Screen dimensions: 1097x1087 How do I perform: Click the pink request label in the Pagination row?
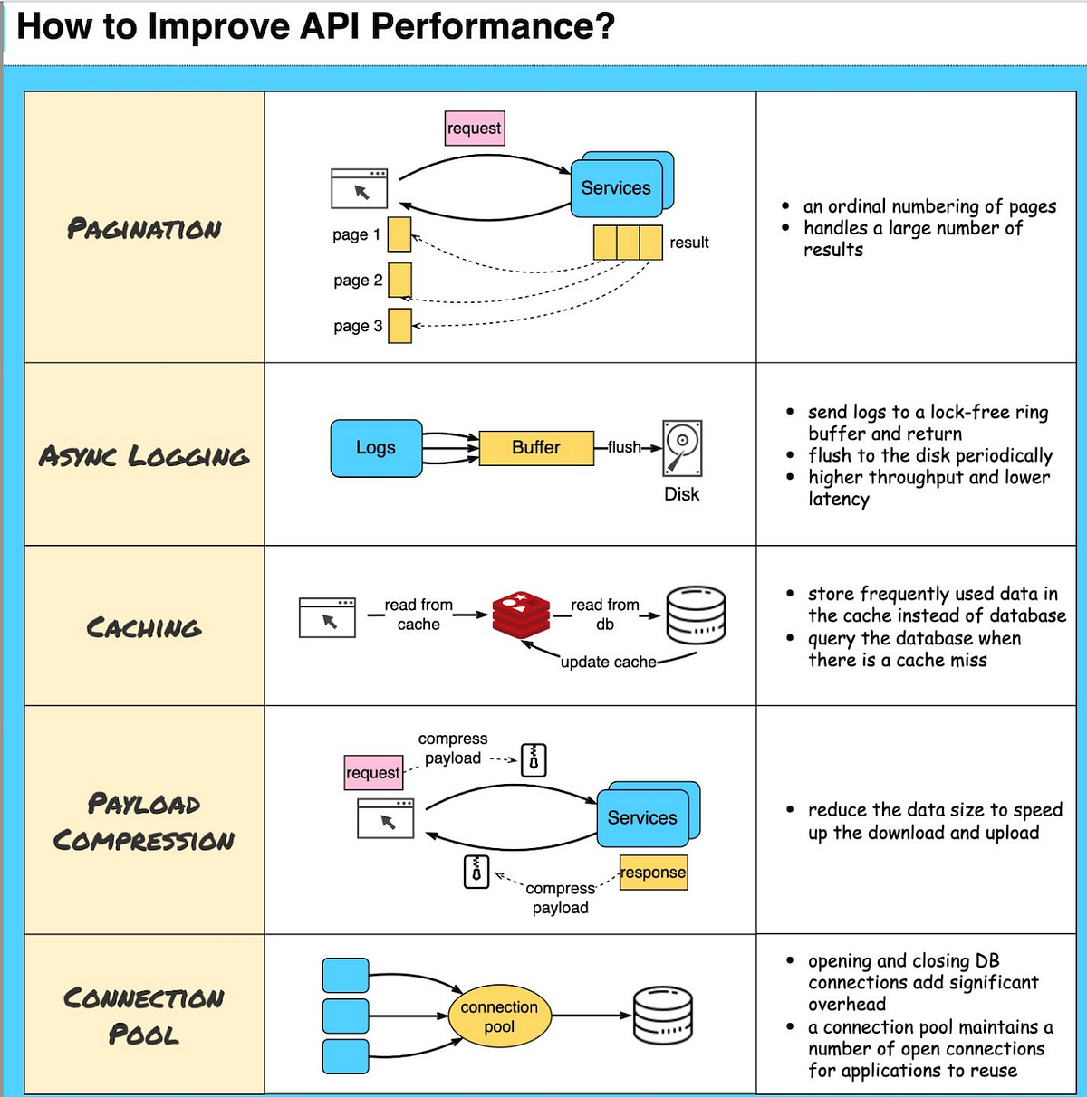click(x=474, y=128)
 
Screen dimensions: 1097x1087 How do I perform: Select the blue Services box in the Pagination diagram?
click(x=616, y=187)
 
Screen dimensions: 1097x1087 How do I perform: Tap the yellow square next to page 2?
click(x=399, y=280)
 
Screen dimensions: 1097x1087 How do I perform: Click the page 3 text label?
click(x=358, y=326)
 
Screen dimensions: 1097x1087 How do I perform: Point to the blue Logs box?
click(x=376, y=448)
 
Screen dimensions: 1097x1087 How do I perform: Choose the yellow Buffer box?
click(x=536, y=448)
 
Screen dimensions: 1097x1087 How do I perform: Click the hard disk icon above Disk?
click(x=682, y=448)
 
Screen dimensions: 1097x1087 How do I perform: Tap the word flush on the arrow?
click(x=623, y=447)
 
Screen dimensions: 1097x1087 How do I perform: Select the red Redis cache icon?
click(x=521, y=614)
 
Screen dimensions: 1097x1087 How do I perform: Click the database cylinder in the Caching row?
click(x=696, y=615)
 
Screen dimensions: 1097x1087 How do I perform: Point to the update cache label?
click(x=608, y=662)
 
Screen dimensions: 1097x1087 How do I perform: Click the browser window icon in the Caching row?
click(x=327, y=617)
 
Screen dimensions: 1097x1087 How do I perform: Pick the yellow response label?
click(x=653, y=873)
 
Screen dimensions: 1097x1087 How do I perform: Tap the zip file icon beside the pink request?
click(x=534, y=759)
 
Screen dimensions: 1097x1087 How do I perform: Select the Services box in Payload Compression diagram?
click(x=642, y=817)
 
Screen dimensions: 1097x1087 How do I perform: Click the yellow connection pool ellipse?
click(x=499, y=1016)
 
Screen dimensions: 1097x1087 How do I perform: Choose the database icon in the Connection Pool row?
click(x=663, y=1016)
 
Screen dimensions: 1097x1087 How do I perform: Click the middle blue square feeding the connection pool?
click(x=346, y=1016)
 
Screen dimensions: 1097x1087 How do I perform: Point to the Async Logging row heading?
click(x=144, y=455)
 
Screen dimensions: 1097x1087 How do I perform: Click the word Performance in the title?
click(x=493, y=26)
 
